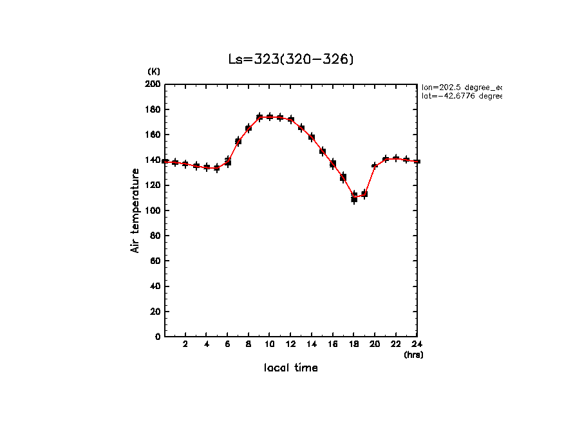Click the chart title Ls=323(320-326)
[291, 60]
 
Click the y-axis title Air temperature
[135, 210]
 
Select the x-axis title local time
[291, 368]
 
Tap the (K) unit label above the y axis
[154, 71]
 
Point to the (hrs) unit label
[413, 355]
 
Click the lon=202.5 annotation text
[461, 86]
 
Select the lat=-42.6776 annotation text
[461, 96]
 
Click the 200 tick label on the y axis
[153, 84]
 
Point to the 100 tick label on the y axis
[153, 210]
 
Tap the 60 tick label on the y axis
[155, 261]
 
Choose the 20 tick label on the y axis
[155, 312]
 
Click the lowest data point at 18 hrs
[354, 198]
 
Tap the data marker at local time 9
[259, 117]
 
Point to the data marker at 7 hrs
[238, 141]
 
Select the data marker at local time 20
[375, 166]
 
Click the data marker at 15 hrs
[323, 152]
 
